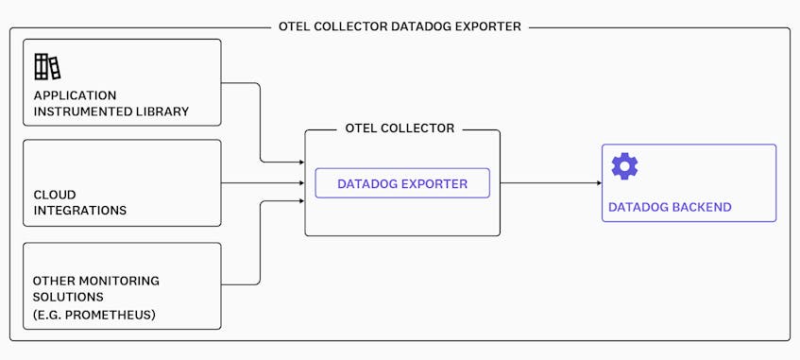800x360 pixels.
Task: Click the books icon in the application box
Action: [x=47, y=67]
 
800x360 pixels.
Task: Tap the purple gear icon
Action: [x=624, y=166]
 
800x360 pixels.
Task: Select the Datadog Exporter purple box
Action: [x=402, y=183]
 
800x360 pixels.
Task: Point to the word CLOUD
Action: [x=56, y=194]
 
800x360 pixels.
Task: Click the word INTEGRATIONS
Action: [x=80, y=210]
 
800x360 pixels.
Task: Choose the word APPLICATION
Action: [x=75, y=95]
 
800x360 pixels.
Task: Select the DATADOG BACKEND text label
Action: [x=669, y=207]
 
